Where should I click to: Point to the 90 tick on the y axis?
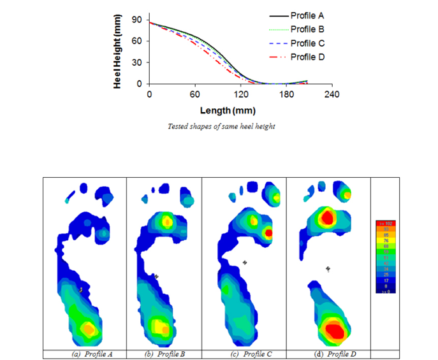click(x=136, y=20)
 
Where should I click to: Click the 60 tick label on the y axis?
click(x=136, y=41)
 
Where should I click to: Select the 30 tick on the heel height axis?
click(x=136, y=63)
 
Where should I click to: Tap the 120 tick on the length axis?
click(x=240, y=94)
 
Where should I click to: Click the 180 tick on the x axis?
click(x=286, y=94)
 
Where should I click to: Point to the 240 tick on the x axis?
click(x=332, y=94)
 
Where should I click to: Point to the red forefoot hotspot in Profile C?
click(x=268, y=233)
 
